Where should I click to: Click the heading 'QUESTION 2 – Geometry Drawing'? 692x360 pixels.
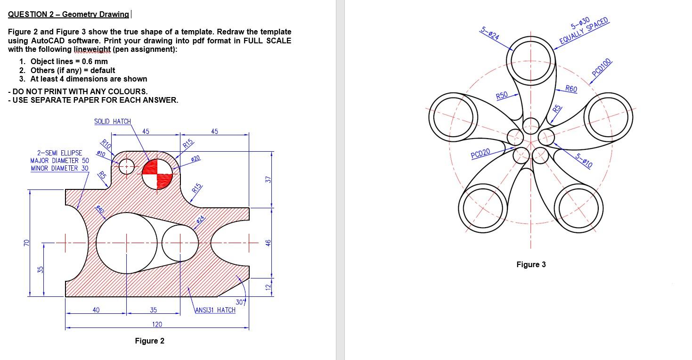[x=68, y=14]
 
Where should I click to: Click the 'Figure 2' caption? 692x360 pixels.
[x=149, y=341]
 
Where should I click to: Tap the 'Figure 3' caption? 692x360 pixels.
[x=531, y=264]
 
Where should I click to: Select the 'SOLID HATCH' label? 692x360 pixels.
[x=112, y=122]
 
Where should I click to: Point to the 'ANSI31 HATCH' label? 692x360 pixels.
[x=215, y=310]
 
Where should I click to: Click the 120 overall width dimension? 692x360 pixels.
[x=157, y=324]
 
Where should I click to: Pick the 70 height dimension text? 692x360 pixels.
[x=26, y=243]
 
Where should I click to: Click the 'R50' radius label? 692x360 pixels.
[x=502, y=95]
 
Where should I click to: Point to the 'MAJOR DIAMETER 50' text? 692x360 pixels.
[x=60, y=161]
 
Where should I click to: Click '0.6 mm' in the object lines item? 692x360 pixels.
[x=94, y=61]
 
